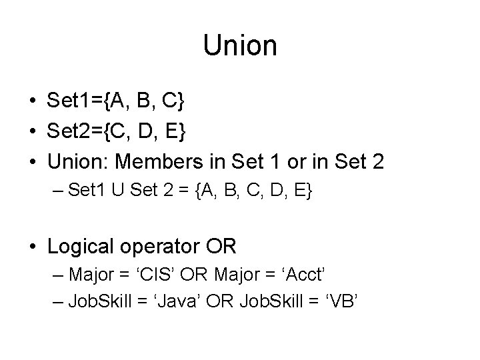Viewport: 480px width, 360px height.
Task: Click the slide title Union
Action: [240, 45]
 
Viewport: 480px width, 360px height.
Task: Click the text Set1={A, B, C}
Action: [116, 101]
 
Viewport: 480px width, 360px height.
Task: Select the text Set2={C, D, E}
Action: [117, 132]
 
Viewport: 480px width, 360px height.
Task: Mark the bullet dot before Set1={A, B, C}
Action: [32, 102]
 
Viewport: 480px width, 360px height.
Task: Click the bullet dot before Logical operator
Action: [32, 247]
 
